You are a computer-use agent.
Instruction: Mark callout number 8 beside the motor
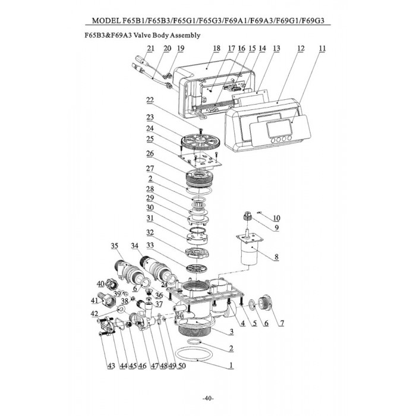tap(275, 257)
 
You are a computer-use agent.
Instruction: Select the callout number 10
tap(276, 218)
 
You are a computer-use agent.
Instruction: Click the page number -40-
tap(208, 398)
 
